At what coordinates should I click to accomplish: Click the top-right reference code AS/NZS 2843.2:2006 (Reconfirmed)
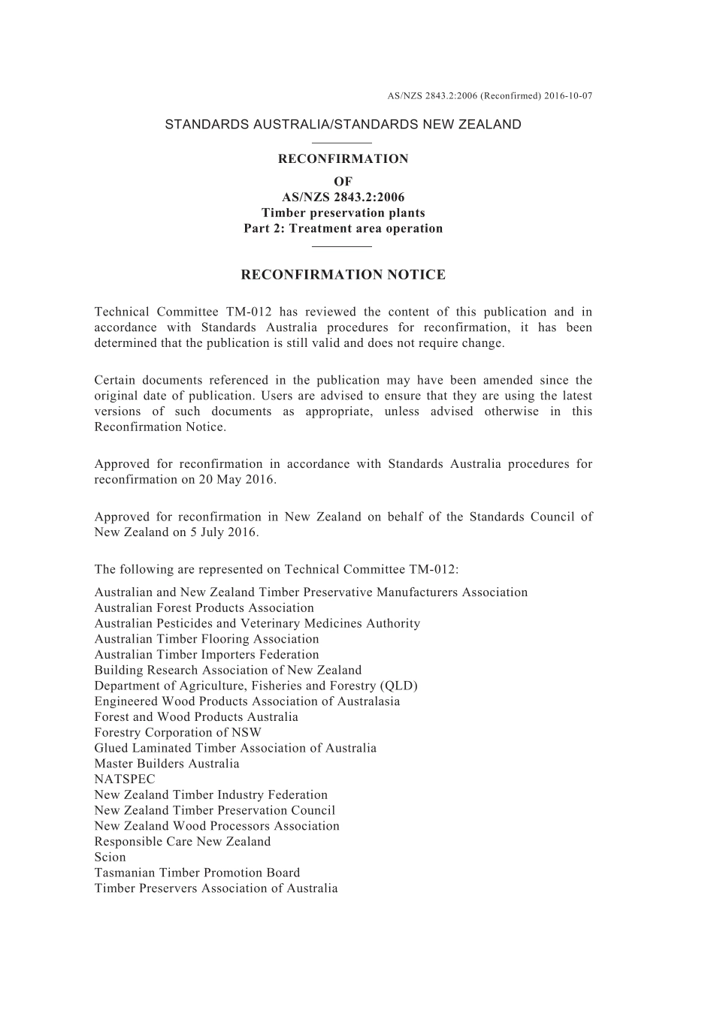tap(489, 96)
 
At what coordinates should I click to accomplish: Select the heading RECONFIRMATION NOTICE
tap(343, 275)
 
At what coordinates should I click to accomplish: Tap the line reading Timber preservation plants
tap(343, 213)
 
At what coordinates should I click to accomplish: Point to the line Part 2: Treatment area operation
tap(343, 229)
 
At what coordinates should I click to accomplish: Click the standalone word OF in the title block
tap(343, 181)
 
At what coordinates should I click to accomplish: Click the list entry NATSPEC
tap(125, 779)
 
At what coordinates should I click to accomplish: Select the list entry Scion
tap(110, 858)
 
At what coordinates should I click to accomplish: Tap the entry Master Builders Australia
tap(167, 764)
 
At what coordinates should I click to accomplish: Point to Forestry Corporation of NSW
tap(178, 733)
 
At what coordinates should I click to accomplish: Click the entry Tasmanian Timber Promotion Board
tap(197, 873)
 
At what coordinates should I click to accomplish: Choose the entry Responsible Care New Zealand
tap(183, 842)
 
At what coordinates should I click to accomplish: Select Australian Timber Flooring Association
tap(207, 639)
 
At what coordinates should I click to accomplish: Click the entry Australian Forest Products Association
tap(204, 608)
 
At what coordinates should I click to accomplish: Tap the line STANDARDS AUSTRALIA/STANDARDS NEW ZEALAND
tap(343, 125)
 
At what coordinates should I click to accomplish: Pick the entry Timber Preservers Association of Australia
tap(216, 888)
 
